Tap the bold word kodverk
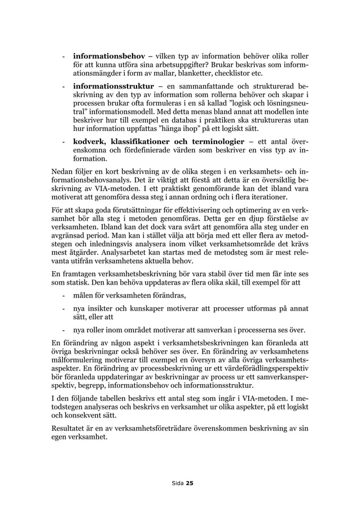pyautogui.click(x=89, y=141)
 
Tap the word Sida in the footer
pyautogui.click(x=177, y=483)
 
